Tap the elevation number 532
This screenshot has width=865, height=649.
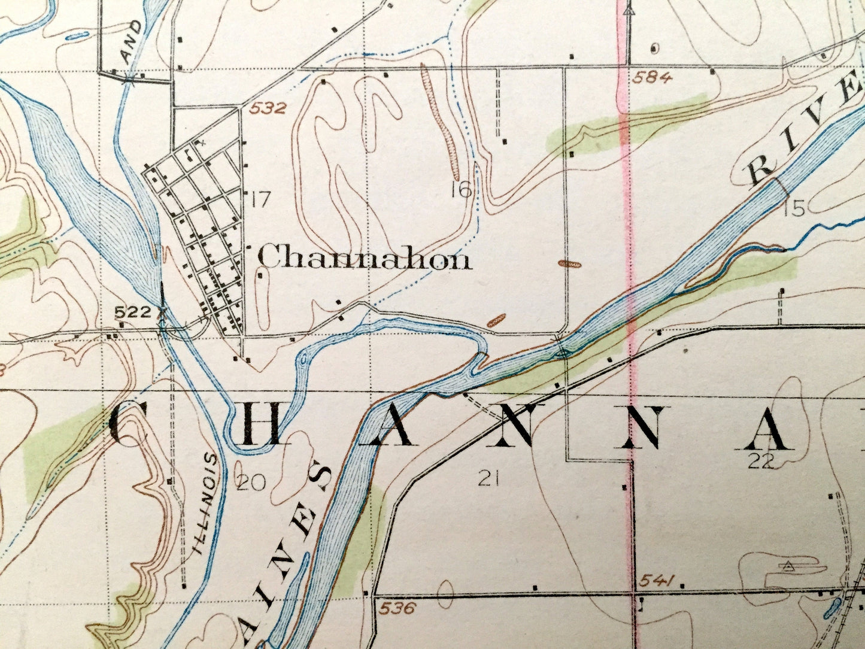point(269,109)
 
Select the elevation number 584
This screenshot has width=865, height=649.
point(651,77)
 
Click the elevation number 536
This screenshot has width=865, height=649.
point(397,608)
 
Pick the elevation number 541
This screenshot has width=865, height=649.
point(657,580)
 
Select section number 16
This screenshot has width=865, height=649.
point(462,190)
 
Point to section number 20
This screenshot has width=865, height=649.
point(251,483)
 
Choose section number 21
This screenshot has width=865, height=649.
point(489,477)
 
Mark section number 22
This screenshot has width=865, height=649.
point(761,460)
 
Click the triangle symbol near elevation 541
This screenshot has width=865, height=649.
point(788,565)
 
